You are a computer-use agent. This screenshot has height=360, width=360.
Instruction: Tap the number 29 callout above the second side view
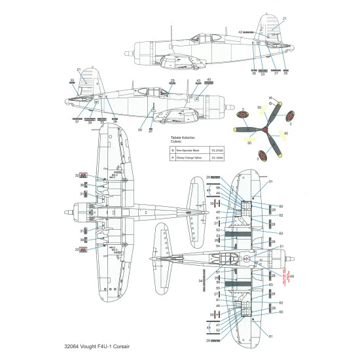pyautogui.click(x=173, y=81)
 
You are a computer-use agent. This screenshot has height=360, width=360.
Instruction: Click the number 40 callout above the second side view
pyautogui.click(x=209, y=80)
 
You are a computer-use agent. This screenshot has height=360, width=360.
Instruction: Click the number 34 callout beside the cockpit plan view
pyautogui.click(x=200, y=281)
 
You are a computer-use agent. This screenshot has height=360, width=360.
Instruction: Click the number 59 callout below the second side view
pyautogui.click(x=139, y=130)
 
